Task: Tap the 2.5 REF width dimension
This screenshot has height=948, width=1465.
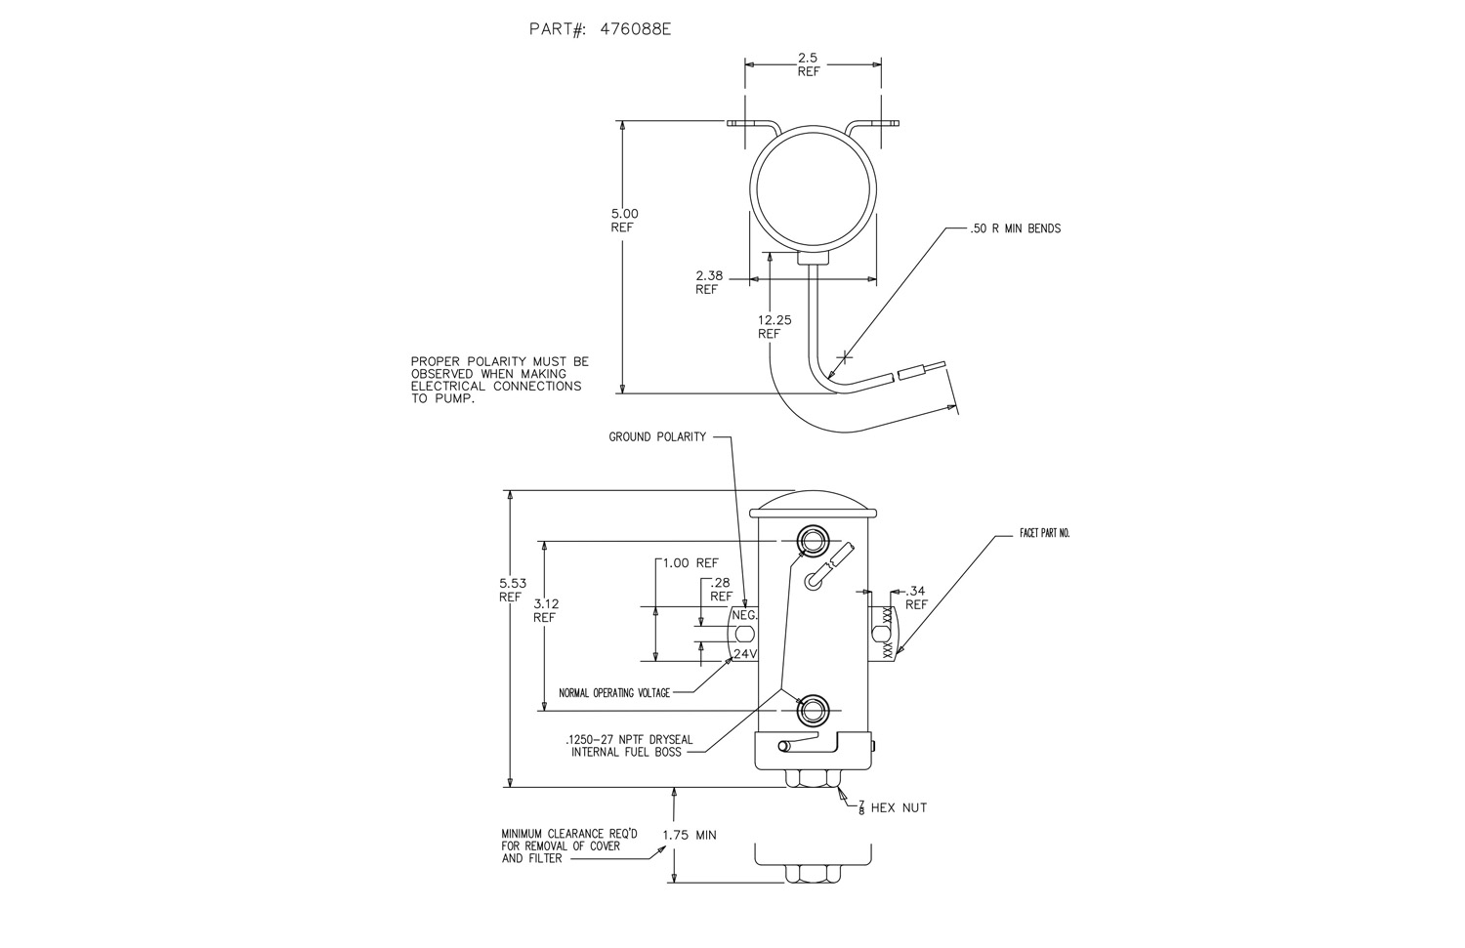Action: (808, 65)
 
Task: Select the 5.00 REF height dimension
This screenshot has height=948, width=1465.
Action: (623, 220)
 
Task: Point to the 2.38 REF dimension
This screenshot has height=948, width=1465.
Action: (709, 282)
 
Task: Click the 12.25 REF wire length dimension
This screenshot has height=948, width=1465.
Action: (770, 326)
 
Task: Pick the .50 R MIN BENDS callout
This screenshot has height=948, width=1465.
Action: (1016, 228)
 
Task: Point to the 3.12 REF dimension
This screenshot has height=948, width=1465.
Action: (544, 610)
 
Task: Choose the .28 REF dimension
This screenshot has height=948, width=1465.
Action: (721, 589)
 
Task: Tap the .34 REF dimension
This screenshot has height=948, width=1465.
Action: (916, 598)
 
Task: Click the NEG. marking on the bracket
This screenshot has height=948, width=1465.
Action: (744, 616)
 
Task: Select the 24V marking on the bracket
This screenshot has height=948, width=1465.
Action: (745, 654)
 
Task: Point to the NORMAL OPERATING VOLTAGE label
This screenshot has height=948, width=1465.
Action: (614, 693)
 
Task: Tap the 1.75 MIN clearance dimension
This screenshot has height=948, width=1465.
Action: (690, 836)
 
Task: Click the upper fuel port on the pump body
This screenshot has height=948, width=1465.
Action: (812, 540)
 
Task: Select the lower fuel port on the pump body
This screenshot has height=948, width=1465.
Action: (812, 710)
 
